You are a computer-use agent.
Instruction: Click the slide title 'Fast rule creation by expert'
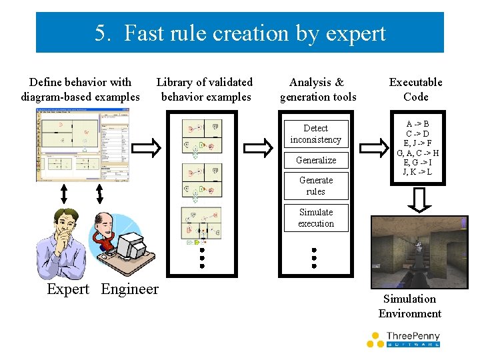(240, 33)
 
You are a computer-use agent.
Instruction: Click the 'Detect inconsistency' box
(315, 134)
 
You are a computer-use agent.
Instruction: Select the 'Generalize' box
(315, 160)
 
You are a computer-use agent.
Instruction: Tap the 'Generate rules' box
(315, 186)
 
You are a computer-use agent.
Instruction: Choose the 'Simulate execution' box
(315, 218)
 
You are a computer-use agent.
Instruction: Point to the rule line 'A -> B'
(417, 125)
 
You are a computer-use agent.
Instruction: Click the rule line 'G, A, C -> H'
(417, 153)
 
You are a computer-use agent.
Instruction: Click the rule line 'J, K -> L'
(417, 172)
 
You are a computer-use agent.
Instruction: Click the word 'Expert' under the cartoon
(68, 289)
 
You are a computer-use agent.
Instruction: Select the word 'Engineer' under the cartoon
(130, 289)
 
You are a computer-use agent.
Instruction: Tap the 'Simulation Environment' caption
(410, 306)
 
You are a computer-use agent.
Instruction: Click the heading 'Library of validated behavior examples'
(205, 89)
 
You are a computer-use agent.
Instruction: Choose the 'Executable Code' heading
(415, 89)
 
